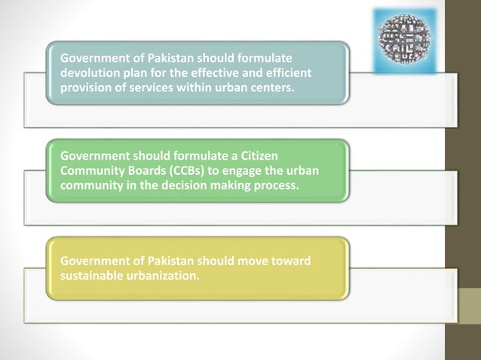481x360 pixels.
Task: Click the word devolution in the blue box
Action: [x=87, y=72]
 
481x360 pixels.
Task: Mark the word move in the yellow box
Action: [x=250, y=261]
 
